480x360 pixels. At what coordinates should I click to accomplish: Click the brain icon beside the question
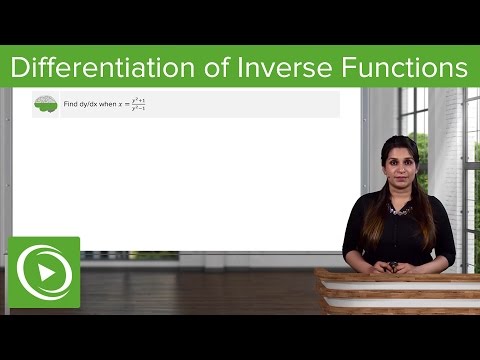(45, 104)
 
